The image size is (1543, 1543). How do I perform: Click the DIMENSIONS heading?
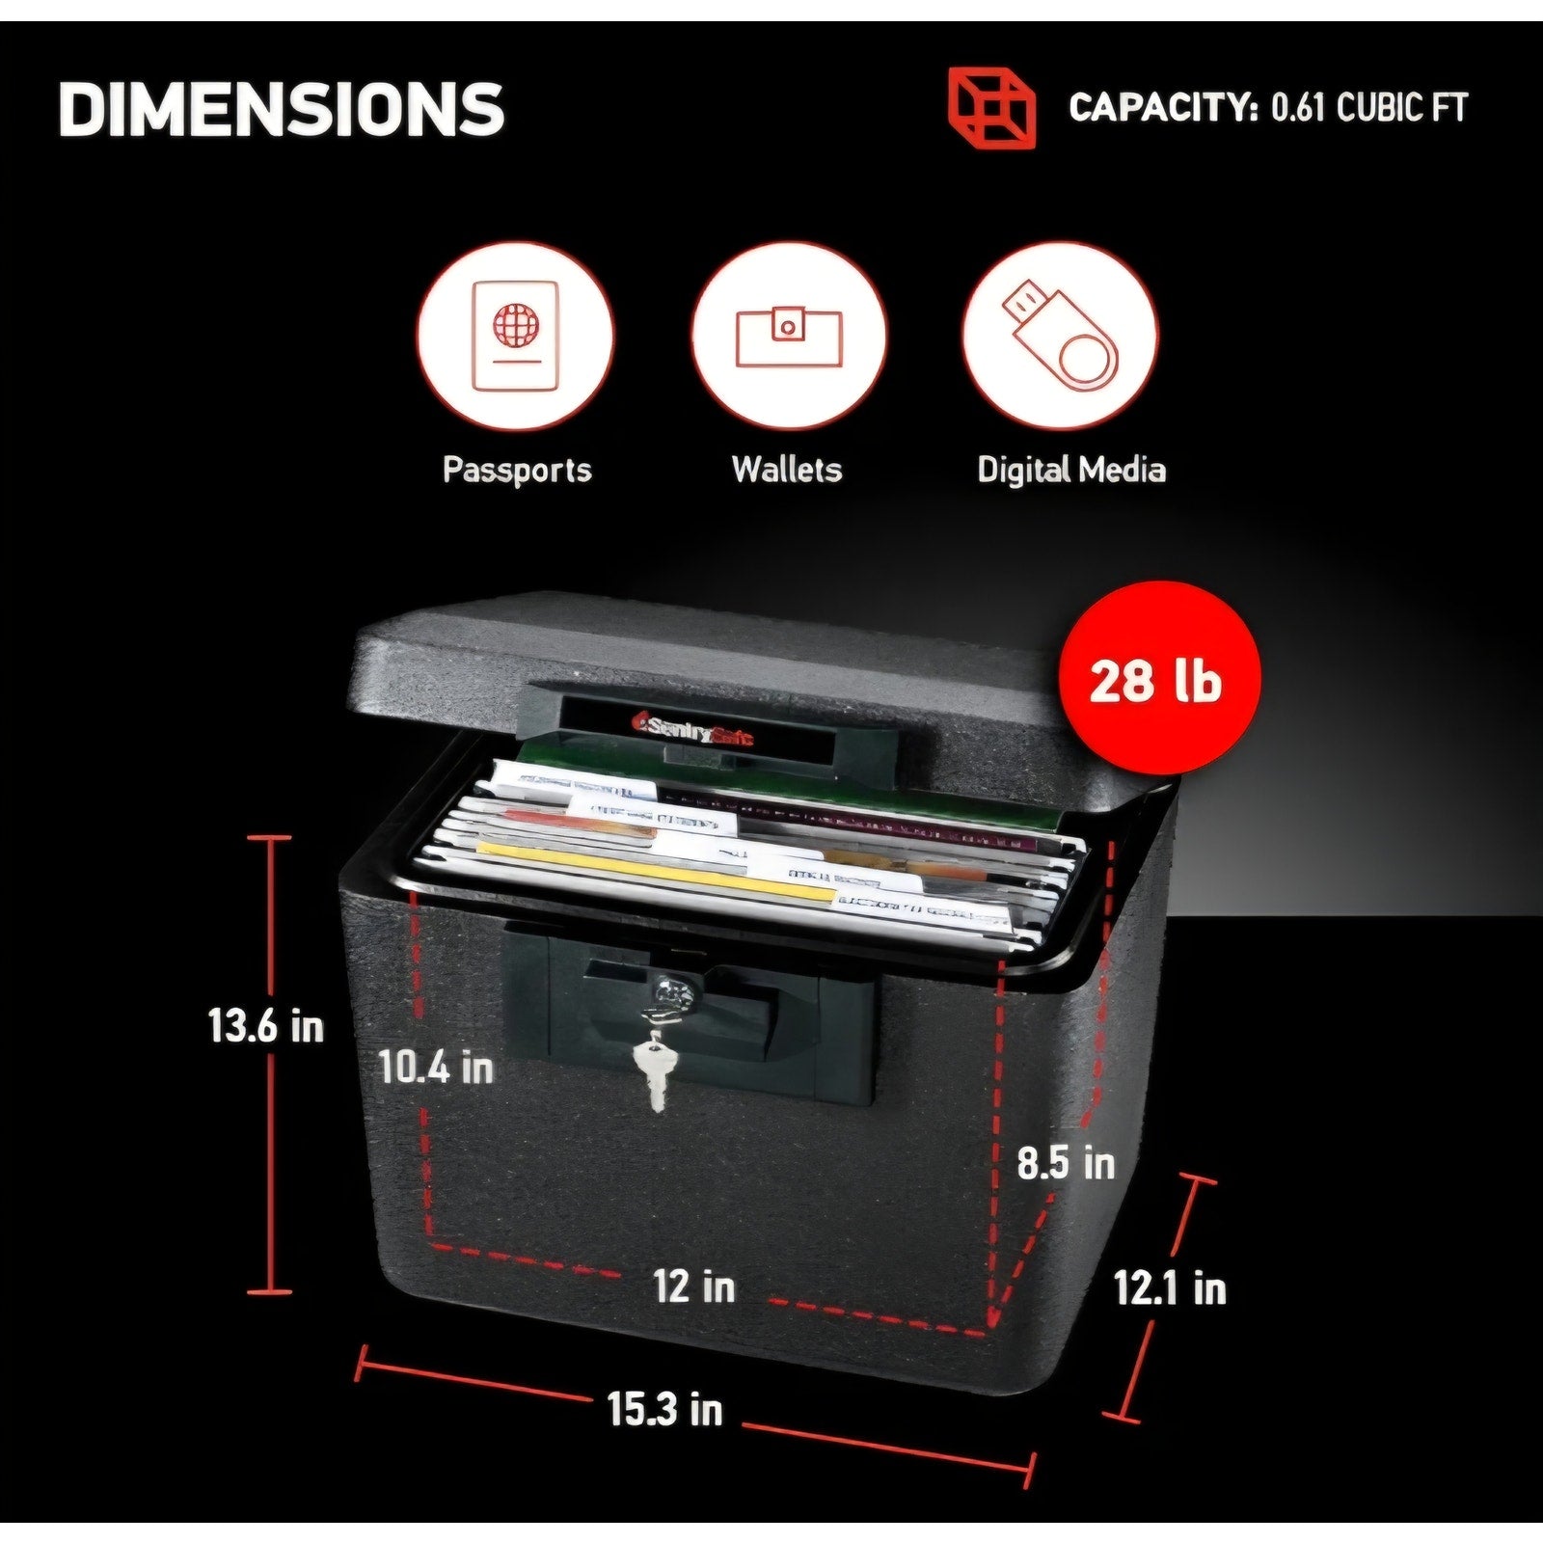(x=282, y=108)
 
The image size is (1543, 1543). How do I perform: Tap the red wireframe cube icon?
(x=990, y=108)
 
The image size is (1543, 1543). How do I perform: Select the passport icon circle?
(x=515, y=334)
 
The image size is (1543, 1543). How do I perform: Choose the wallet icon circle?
(x=788, y=334)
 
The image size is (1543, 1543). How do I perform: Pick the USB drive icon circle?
(x=1062, y=334)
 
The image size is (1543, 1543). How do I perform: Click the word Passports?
(x=516, y=470)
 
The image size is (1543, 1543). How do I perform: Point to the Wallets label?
(x=787, y=470)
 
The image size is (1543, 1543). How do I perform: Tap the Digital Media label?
(x=1070, y=470)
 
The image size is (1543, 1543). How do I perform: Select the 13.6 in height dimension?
(x=266, y=1025)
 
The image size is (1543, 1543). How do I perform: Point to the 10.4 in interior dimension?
(x=436, y=1067)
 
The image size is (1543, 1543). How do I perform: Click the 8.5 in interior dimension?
(x=1066, y=1162)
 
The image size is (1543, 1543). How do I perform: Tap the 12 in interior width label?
(x=694, y=1286)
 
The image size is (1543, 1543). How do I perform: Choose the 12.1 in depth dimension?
(x=1170, y=1288)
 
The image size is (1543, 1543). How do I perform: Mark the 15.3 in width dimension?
(x=664, y=1409)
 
